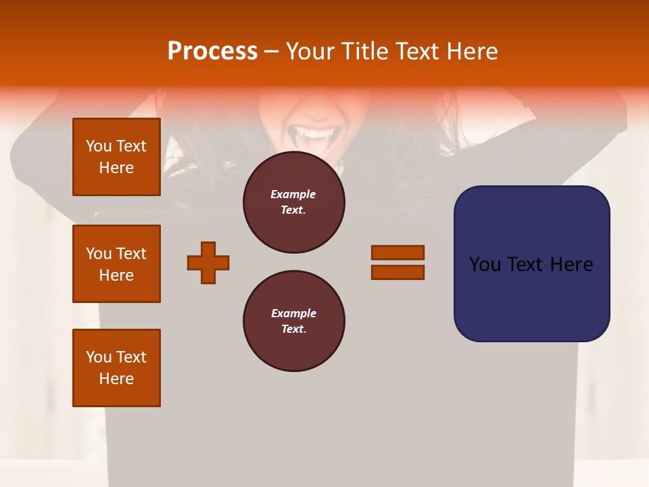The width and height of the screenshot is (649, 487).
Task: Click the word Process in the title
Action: click(x=212, y=51)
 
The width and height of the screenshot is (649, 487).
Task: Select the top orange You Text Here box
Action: click(x=116, y=157)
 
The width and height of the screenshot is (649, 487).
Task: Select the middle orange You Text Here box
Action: click(x=116, y=264)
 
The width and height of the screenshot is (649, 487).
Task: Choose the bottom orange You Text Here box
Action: click(x=116, y=368)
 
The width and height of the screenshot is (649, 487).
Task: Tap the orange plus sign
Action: click(x=208, y=262)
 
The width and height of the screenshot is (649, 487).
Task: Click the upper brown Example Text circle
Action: click(x=293, y=202)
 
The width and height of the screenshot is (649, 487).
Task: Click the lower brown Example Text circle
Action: click(x=293, y=321)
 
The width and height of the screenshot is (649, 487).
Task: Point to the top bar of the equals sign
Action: click(x=398, y=252)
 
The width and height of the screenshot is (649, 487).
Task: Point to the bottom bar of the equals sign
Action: click(x=398, y=273)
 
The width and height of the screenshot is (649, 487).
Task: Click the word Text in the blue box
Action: click(x=525, y=264)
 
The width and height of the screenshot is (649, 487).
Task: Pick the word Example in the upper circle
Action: click(x=293, y=194)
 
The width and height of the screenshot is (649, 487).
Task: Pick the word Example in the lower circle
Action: click(x=293, y=313)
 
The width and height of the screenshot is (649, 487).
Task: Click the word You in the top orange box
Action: click(x=99, y=146)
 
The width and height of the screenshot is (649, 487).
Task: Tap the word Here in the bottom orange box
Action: click(x=116, y=379)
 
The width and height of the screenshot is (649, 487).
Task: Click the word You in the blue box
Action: click(x=485, y=264)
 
